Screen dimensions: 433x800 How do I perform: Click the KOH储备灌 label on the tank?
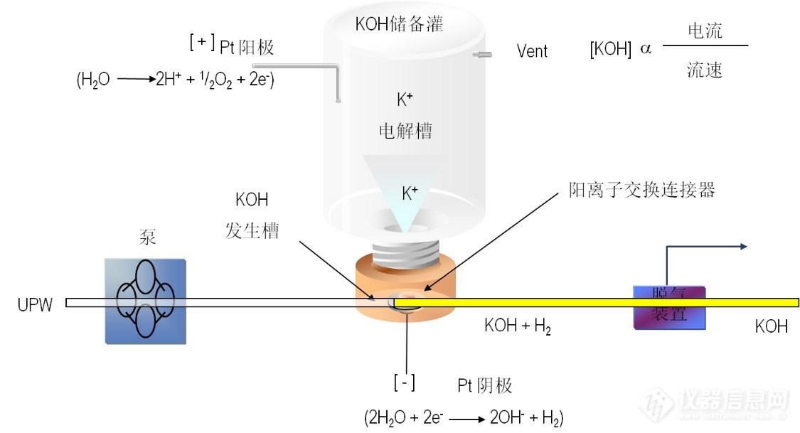[399, 25]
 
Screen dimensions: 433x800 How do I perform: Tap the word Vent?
[532, 51]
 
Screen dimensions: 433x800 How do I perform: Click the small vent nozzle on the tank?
[484, 54]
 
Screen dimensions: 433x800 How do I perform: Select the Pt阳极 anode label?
[247, 48]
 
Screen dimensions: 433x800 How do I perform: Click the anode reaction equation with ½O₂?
[176, 80]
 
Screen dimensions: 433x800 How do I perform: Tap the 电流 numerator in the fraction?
[705, 31]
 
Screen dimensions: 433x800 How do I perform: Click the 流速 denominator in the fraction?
[705, 69]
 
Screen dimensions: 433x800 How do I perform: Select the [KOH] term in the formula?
[611, 51]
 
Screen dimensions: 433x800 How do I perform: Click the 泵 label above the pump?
[147, 238]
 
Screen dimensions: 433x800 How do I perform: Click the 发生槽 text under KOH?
[252, 230]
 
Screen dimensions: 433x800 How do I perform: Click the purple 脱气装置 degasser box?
[669, 307]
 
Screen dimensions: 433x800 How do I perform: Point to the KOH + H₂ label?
[518, 327]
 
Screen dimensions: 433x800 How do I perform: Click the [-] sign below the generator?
[405, 383]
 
